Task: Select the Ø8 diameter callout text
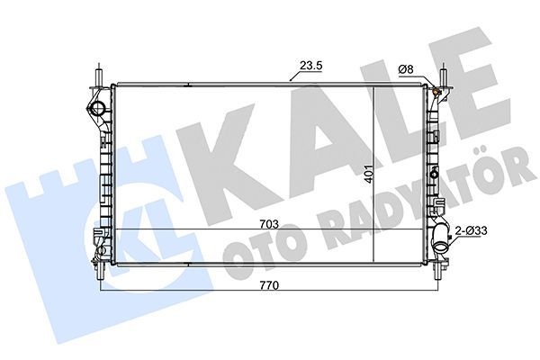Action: point(407,69)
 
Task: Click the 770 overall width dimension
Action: point(263,287)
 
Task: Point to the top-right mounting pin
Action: point(442,70)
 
